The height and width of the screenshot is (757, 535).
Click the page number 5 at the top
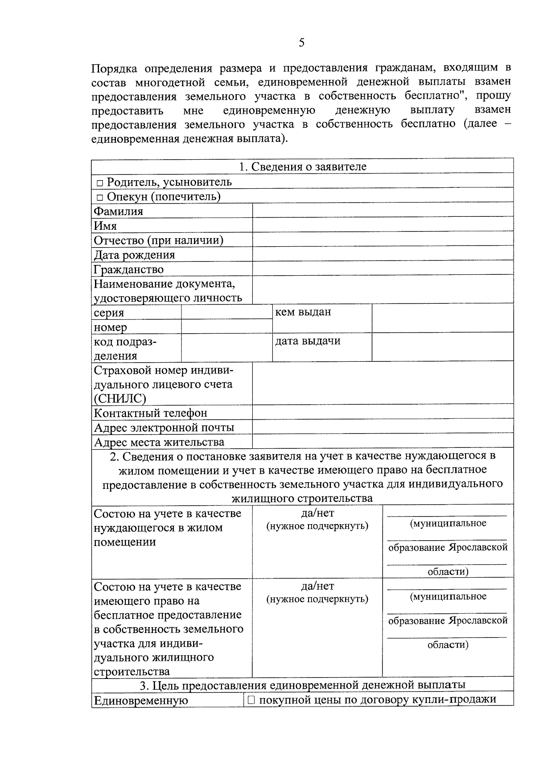(302, 43)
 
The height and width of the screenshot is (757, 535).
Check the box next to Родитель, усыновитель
(100, 183)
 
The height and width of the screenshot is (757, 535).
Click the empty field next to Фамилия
(383, 211)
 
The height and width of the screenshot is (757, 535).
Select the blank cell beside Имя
(383, 225)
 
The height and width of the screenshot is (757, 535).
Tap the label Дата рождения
(134, 255)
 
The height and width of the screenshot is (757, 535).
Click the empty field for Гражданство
(383, 269)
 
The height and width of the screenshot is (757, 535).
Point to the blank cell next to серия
(226, 312)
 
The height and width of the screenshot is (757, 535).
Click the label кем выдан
(303, 312)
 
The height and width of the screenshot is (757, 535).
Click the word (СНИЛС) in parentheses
(120, 398)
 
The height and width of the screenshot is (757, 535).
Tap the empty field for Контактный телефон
(383, 413)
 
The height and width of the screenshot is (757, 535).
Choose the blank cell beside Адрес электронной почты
(383, 427)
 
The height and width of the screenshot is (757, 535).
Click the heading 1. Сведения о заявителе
(302, 167)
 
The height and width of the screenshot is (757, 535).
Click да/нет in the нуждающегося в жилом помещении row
(317, 513)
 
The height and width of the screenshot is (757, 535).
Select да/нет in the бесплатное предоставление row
(317, 586)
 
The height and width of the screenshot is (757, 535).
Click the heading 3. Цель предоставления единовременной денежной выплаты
(302, 685)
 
